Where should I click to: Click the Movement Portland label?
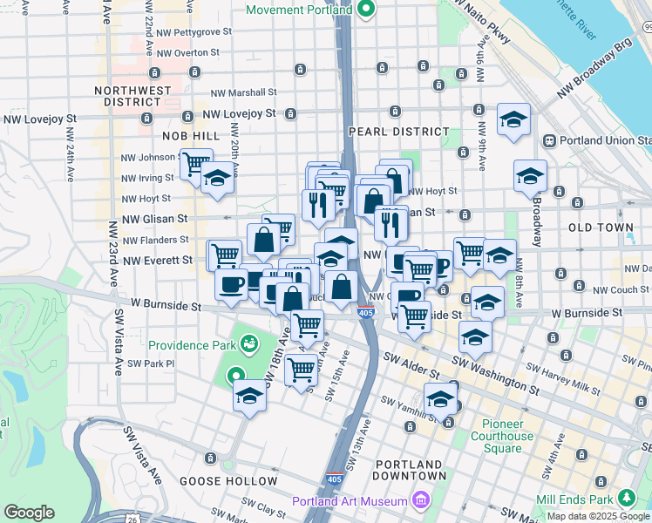click(x=299, y=10)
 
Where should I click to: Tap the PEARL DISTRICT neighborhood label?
click(x=398, y=132)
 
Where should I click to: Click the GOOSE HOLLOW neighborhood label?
click(x=228, y=480)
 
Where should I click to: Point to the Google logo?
click(x=29, y=513)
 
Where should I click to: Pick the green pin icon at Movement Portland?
click(x=367, y=10)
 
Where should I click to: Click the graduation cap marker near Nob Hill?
click(x=217, y=180)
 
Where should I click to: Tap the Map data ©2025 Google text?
click(x=598, y=516)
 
